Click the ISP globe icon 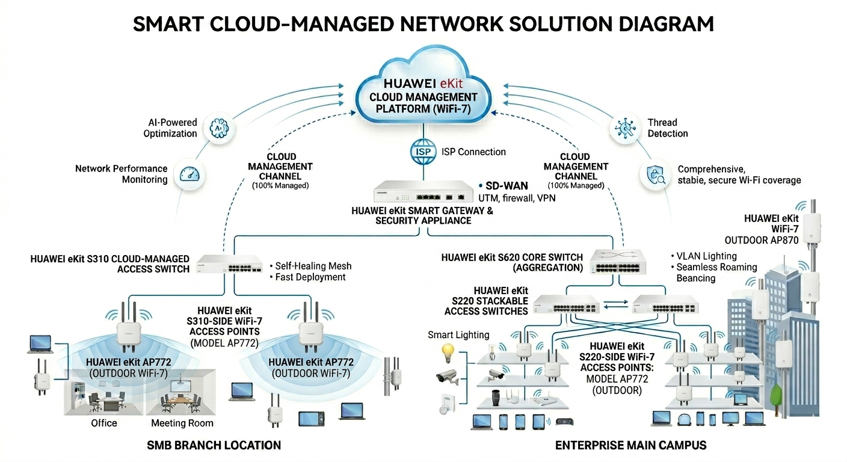click(423, 152)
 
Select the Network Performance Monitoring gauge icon click(189, 175)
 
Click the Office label click(104, 423)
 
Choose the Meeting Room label click(182, 423)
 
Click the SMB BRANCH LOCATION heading click(214, 445)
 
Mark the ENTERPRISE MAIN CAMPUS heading click(630, 445)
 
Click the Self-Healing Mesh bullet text click(313, 266)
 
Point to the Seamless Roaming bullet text click(716, 267)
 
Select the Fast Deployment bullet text click(310, 277)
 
